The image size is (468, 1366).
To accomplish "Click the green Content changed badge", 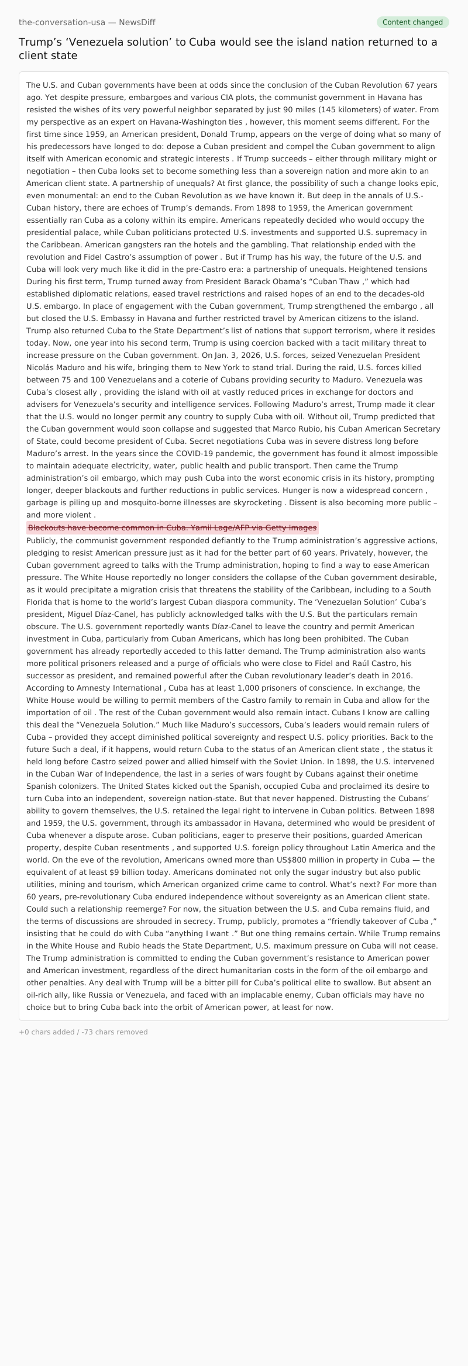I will pyautogui.click(x=412, y=22).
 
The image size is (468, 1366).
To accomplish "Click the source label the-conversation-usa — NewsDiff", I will pyautogui.click(x=87, y=22).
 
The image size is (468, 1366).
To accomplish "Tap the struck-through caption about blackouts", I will pyautogui.click(x=173, y=527).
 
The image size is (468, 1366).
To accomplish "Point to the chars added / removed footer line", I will pyautogui.click(x=83, y=1032).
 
